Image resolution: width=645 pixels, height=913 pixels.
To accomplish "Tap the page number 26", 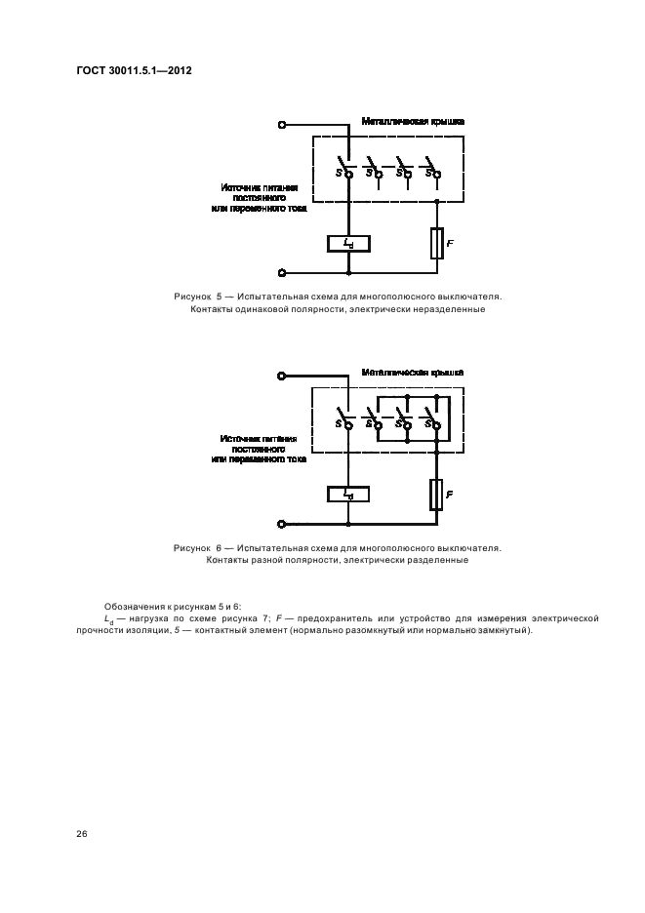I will [x=80, y=833].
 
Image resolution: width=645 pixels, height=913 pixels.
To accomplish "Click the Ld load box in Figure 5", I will [x=348, y=243].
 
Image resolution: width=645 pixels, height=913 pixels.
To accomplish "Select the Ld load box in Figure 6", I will [x=348, y=495].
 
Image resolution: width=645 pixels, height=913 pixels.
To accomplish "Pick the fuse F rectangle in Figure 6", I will [x=436, y=496].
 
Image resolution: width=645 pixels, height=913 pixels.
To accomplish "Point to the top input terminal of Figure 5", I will [x=283, y=125].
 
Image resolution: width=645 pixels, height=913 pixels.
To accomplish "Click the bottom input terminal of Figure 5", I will [x=283, y=273].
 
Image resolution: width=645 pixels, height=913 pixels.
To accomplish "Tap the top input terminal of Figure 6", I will [x=283, y=376].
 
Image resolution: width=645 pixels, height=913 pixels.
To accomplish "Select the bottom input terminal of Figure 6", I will [x=283, y=524].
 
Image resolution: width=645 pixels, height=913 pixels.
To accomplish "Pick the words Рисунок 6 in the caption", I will [x=199, y=547].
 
